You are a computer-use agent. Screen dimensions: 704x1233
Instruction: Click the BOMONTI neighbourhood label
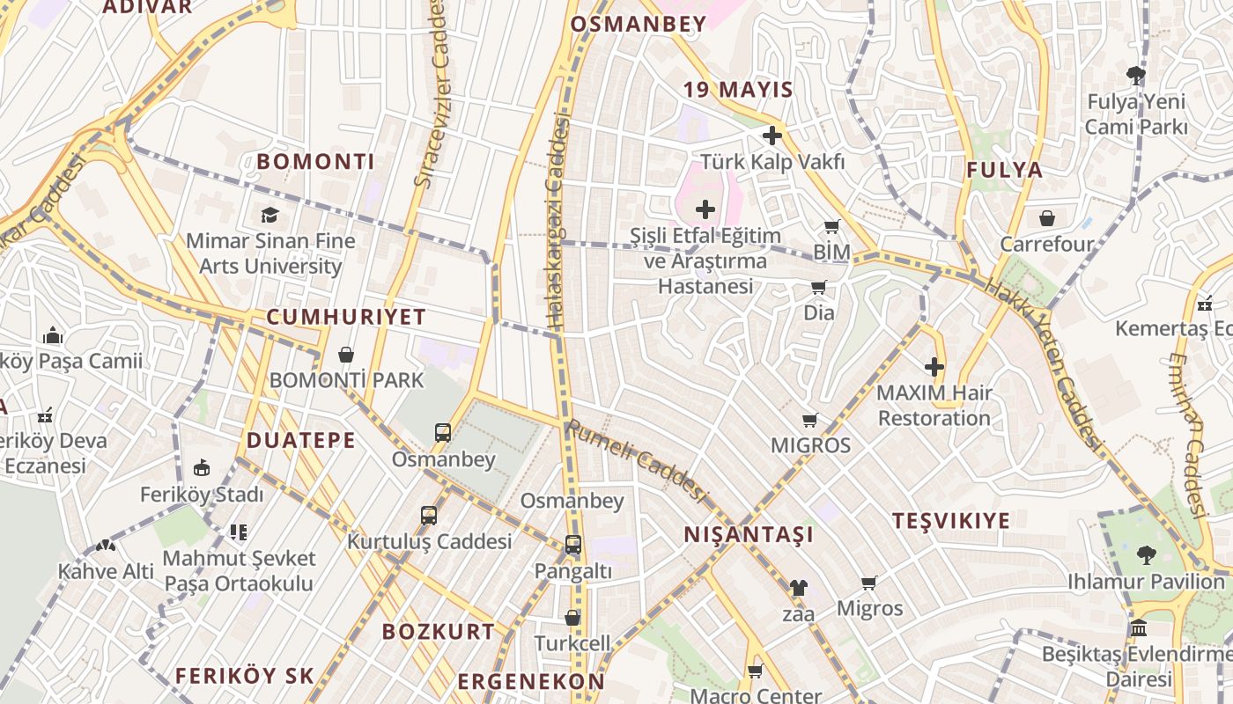click(x=315, y=162)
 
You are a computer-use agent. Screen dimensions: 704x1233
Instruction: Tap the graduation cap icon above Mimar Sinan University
click(x=269, y=215)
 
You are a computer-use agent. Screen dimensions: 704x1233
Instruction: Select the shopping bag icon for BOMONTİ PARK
click(x=346, y=355)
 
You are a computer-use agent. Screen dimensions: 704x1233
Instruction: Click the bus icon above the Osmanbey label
click(x=443, y=433)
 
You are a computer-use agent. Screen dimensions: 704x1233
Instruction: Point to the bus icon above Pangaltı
click(x=573, y=545)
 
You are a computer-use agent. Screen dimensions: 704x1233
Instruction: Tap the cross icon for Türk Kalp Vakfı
click(x=772, y=136)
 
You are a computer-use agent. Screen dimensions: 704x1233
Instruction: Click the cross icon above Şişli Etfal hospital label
click(x=705, y=209)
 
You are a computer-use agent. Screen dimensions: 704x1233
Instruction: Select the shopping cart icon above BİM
click(x=831, y=227)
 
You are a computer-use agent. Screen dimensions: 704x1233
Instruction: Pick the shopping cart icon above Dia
click(x=819, y=287)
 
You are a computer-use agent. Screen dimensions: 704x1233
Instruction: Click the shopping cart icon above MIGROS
click(x=810, y=420)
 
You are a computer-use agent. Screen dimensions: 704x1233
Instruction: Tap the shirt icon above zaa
click(x=798, y=587)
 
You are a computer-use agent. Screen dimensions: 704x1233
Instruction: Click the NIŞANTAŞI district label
click(x=749, y=535)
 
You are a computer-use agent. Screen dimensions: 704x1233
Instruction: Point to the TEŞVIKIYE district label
click(x=951, y=521)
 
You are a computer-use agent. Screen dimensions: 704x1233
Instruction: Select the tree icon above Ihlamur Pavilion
click(x=1146, y=555)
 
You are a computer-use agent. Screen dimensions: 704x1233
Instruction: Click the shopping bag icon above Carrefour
click(x=1047, y=218)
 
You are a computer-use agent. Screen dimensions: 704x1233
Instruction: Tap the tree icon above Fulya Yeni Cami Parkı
click(x=1136, y=75)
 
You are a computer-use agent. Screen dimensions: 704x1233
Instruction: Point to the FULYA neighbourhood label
click(x=1004, y=171)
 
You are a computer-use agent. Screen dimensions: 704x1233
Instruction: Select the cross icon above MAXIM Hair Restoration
click(x=934, y=367)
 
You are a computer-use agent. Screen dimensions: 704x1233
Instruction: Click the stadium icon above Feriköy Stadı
click(x=202, y=467)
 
